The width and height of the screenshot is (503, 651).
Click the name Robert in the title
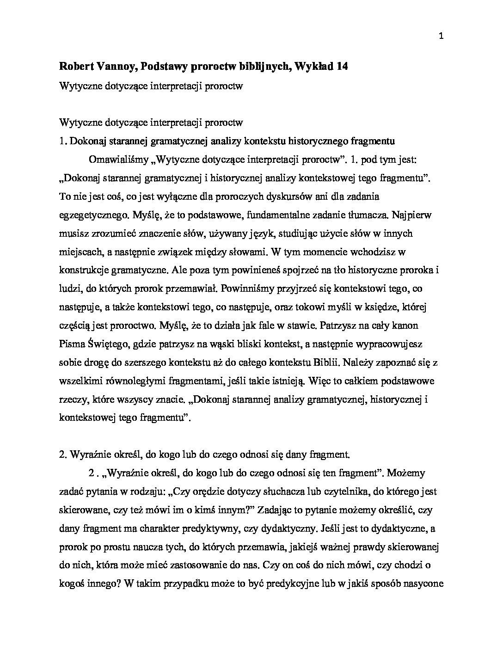[76, 67]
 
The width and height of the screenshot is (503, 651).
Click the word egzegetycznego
[93, 215]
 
